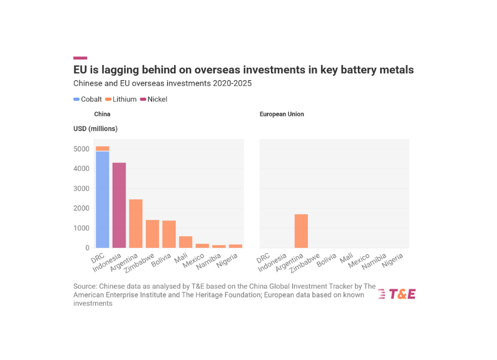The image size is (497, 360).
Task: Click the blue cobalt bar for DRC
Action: pos(102,199)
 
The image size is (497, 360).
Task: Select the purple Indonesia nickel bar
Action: pos(119,205)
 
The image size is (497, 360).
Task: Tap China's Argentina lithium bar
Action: pos(136,223)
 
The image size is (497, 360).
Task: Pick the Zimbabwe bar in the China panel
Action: pos(152,234)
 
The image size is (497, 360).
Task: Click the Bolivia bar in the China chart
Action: pos(169,234)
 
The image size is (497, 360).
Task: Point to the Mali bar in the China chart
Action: pos(186,242)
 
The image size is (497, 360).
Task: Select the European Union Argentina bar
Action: pos(301,231)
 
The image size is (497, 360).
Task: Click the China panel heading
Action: pos(102,115)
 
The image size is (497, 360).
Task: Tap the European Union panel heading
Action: pos(282,115)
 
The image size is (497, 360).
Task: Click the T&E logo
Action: pos(397,294)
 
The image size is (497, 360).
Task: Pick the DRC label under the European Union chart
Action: pos(264,257)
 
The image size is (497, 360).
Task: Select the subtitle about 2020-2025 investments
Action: pos(162,83)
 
